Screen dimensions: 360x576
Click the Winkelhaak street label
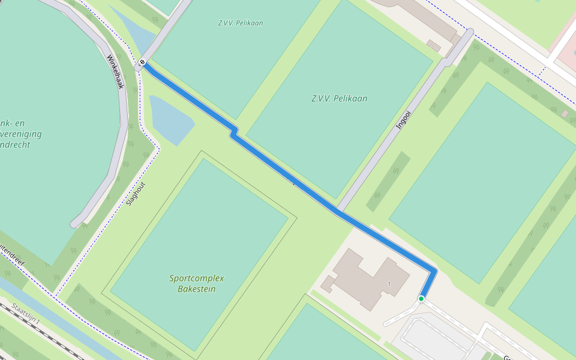[x=115, y=72]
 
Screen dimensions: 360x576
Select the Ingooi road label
[x=404, y=120]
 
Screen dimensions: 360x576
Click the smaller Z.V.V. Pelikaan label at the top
[x=241, y=23]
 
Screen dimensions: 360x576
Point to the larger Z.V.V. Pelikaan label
[x=339, y=98]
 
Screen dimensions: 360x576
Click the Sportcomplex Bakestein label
[x=197, y=283]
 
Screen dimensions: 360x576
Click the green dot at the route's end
[x=421, y=299]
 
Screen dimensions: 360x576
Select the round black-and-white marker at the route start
[x=142, y=62]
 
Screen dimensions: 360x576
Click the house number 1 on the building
[x=389, y=283]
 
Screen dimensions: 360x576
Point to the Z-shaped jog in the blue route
[x=233, y=133]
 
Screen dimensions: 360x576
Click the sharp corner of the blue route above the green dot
[x=433, y=271]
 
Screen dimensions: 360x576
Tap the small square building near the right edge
[x=565, y=113]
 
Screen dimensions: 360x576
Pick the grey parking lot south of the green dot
[x=438, y=339]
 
